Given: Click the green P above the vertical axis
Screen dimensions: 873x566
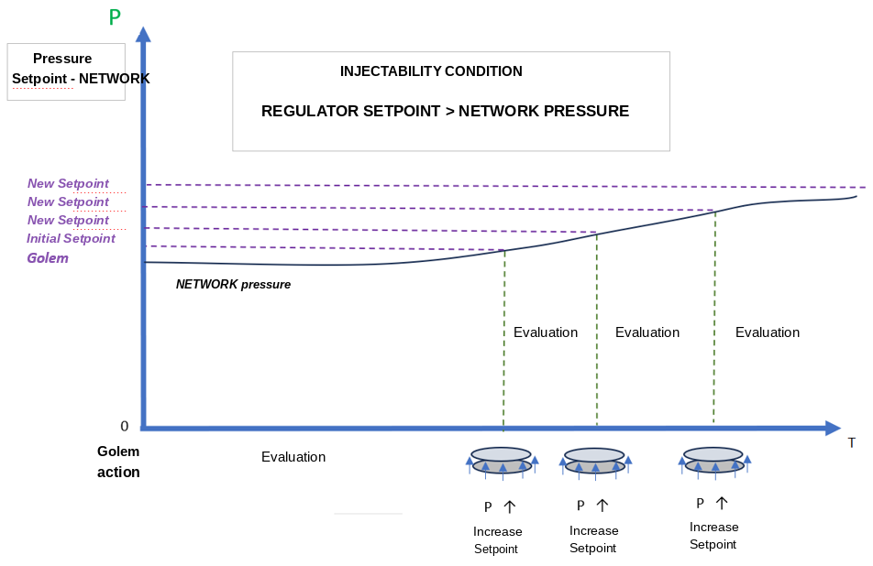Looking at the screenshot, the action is point(115,17).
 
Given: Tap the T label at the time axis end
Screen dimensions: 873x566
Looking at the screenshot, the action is point(851,443).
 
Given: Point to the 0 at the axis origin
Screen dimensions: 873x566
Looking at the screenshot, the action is point(124,427).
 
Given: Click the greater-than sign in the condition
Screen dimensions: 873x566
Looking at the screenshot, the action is point(450,111).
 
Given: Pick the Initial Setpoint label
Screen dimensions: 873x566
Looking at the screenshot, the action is point(71,238).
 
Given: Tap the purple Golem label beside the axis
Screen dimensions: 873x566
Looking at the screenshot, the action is point(48,258).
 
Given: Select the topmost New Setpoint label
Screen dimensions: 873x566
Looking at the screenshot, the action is point(68,183).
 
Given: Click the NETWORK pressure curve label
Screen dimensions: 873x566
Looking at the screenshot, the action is point(233,285).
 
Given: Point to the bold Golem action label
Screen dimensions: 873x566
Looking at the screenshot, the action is point(118,462).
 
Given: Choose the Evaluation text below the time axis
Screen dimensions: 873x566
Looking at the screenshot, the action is point(293,457).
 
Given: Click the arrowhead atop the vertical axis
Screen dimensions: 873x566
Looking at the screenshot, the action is point(144,34).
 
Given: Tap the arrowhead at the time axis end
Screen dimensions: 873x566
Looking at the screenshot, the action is point(833,428).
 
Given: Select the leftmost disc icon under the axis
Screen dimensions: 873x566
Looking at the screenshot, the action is point(502,461).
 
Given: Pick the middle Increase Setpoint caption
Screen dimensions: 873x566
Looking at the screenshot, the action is point(593,539).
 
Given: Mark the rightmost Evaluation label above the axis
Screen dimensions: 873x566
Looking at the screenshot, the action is point(768,332).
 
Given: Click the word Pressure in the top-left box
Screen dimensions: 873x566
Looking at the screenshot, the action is point(62,59).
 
